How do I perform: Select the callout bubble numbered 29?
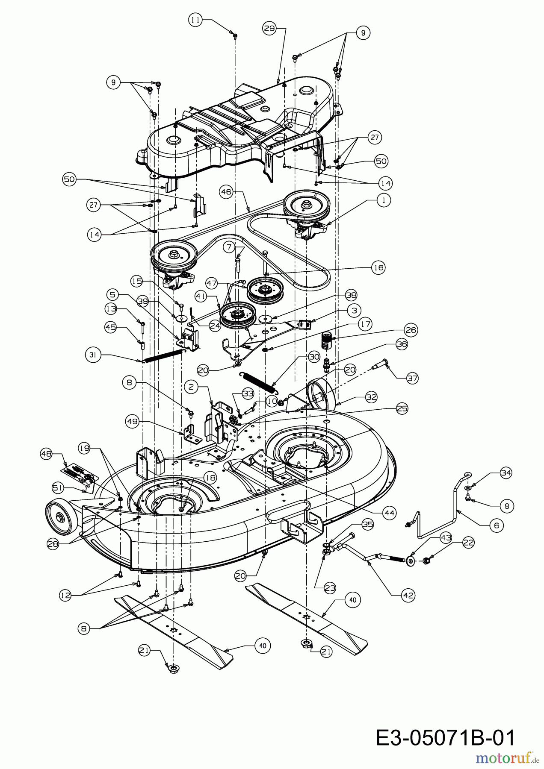tap(269, 28)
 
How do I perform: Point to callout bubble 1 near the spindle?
tap(383, 200)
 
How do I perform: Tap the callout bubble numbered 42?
tap(408, 595)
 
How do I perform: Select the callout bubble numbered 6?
tap(496, 525)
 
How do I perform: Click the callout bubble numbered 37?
tap(412, 378)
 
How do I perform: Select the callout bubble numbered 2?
tap(191, 387)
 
